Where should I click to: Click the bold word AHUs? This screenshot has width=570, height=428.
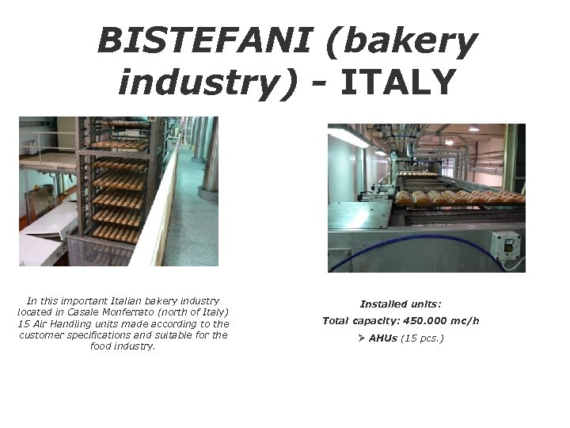pyautogui.click(x=383, y=338)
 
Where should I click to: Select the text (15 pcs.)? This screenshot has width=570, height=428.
pyautogui.click(x=422, y=338)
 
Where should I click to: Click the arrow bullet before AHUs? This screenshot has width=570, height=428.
pyautogui.click(x=362, y=338)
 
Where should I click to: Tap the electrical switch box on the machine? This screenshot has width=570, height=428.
pyautogui.click(x=504, y=243)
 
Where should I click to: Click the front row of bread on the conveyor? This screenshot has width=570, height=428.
pyautogui.click(x=459, y=197)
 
